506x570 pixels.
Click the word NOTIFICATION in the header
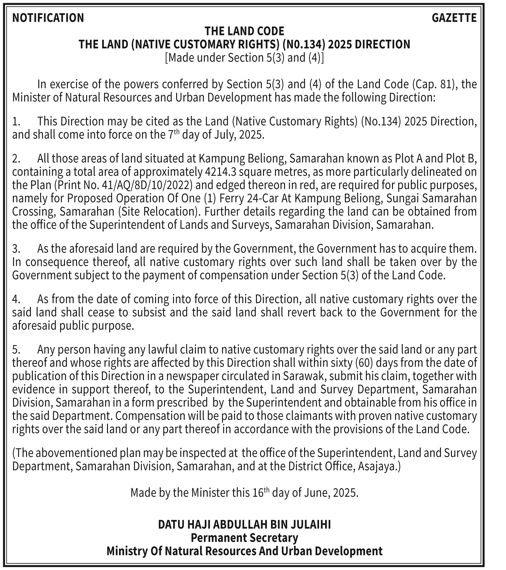(48, 18)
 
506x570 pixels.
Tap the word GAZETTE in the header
(454, 18)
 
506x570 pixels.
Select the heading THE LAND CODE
(244, 31)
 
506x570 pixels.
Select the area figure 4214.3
(219, 172)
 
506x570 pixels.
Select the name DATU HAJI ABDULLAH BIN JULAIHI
(244, 524)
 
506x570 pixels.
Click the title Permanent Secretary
(244, 538)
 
